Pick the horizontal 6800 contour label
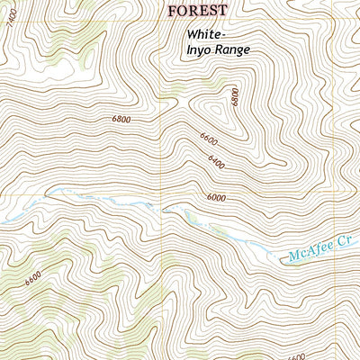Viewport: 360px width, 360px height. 122,119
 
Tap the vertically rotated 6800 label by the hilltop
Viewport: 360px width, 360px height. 234,97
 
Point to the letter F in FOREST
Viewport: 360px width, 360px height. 172,9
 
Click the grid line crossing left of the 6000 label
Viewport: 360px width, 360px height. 162,194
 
